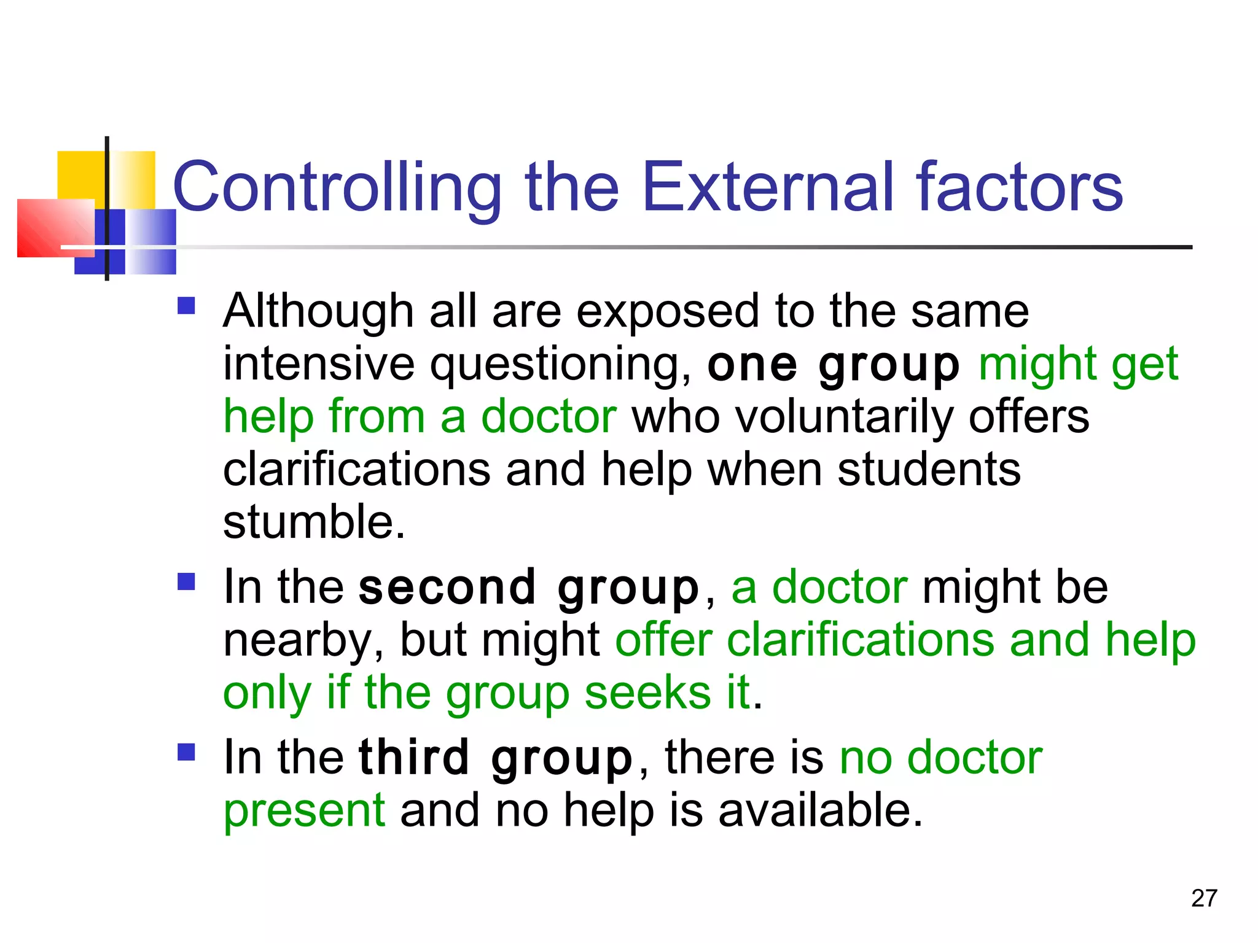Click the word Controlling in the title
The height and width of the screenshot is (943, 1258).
337,187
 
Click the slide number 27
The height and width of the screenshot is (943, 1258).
1204,898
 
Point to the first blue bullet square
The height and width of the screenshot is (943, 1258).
186,306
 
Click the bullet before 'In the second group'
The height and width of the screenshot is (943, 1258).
186,581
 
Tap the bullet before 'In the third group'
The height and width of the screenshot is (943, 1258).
186,752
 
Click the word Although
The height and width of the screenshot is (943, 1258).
318,311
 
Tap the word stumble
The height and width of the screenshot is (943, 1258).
313,522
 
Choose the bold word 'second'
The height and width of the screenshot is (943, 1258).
448,588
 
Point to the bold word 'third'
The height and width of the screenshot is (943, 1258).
415,758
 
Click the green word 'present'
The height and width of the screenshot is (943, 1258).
304,811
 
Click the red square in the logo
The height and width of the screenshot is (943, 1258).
55,228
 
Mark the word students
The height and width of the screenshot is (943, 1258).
929,470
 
